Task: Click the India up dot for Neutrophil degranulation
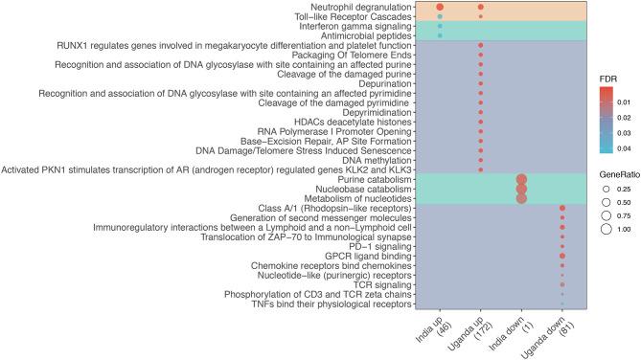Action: point(440,8)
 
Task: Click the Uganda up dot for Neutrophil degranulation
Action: point(480,8)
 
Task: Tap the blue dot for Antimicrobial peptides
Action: point(440,36)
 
